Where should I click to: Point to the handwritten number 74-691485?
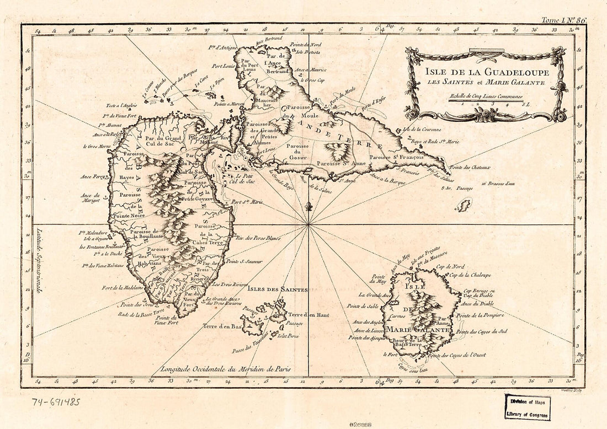click(55, 401)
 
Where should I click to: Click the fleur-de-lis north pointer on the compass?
click(309, 207)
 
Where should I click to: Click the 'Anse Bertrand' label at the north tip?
click(269, 41)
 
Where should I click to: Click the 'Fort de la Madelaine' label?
click(123, 287)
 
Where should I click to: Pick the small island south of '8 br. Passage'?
click(462, 206)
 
